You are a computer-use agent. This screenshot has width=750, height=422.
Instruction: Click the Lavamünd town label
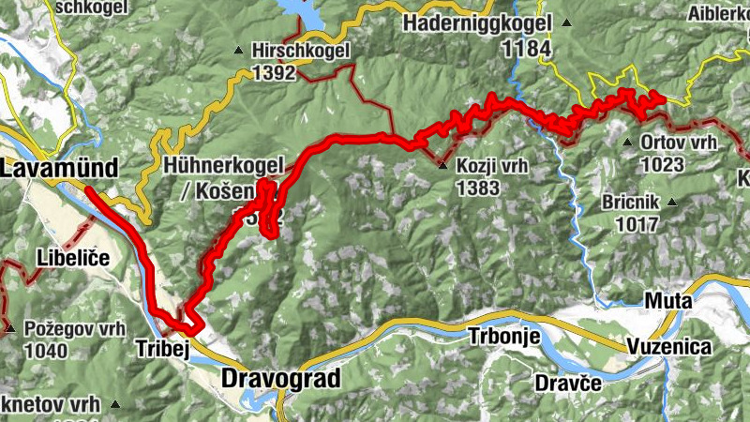59,170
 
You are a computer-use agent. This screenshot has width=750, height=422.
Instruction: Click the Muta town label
667,301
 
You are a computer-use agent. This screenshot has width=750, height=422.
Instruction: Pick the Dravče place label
565,383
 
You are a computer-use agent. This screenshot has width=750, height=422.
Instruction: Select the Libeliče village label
74,257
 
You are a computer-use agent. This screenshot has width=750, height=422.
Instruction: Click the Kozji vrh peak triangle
442,166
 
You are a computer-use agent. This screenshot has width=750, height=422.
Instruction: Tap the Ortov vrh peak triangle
627,143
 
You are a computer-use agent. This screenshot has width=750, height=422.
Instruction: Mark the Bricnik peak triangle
671,202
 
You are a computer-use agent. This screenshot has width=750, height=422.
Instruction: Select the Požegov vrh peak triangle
9,329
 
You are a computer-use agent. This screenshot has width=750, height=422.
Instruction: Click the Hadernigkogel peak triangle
567,22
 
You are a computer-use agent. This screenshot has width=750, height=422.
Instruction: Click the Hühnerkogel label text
222,167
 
